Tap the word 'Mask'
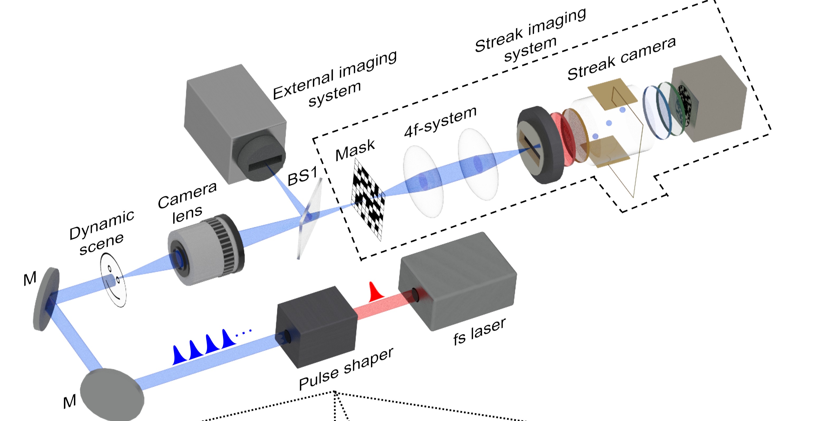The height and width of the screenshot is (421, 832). pos(355,150)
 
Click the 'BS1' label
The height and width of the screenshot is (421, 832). pos(302,176)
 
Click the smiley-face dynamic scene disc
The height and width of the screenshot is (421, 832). pos(113,280)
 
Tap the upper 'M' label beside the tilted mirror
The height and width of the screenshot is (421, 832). pos(30,278)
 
